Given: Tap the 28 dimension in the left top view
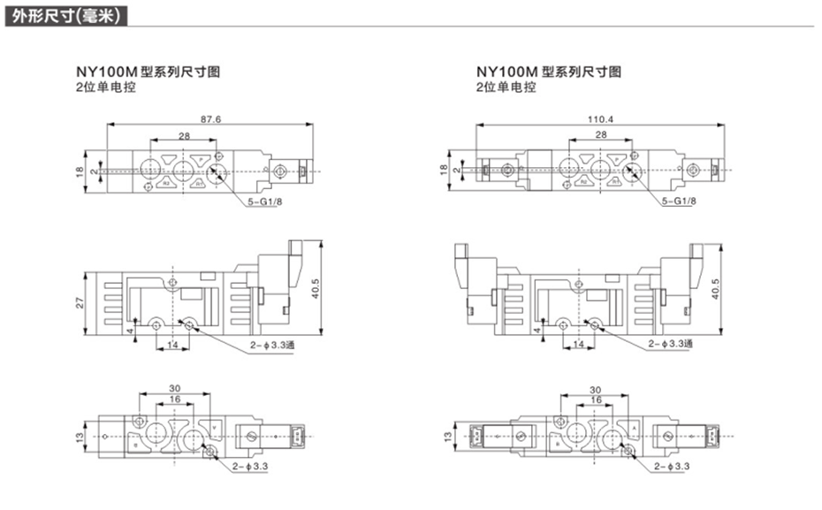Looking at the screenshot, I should [184, 135].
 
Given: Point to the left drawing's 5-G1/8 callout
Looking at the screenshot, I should [265, 203].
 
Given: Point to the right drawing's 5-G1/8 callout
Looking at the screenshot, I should [680, 203].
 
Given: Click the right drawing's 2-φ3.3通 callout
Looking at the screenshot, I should [671, 344].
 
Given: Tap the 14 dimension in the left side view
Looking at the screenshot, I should [172, 343].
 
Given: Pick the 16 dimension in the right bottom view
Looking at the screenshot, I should [593, 400].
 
